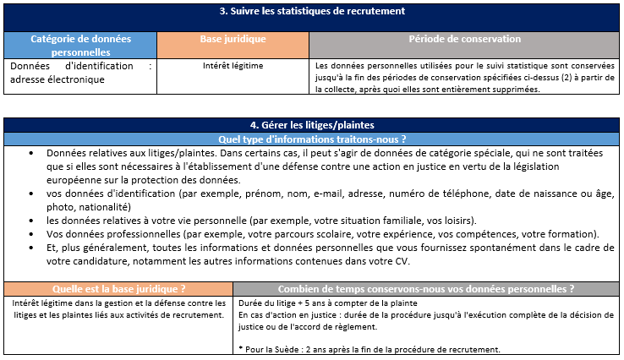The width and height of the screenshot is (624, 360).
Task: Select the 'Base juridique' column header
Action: click(x=233, y=40)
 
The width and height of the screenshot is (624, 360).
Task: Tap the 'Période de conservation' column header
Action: click(x=464, y=40)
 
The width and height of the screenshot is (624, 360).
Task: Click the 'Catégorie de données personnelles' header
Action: click(x=80, y=46)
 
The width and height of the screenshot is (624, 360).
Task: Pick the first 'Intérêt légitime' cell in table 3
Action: click(x=233, y=65)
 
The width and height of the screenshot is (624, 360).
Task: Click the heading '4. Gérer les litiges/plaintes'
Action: click(x=312, y=125)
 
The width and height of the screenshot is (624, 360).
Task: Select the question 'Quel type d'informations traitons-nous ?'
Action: click(x=312, y=139)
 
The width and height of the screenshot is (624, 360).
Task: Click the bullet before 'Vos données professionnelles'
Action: click(x=31, y=233)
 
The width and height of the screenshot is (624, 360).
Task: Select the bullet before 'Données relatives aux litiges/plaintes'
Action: click(x=31, y=153)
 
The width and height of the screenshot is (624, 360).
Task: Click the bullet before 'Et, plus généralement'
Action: click(x=31, y=247)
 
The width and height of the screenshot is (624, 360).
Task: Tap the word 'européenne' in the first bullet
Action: click(x=77, y=180)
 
